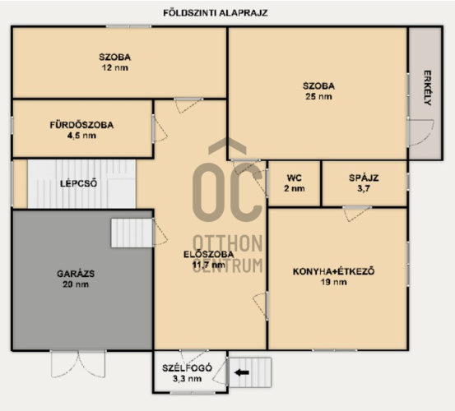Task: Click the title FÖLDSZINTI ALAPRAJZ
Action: (216, 13)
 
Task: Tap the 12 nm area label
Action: (115, 68)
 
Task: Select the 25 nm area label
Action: (318, 96)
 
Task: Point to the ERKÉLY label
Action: (427, 88)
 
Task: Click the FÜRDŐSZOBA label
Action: (81, 125)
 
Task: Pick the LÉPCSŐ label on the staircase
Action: (79, 183)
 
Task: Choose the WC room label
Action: (295, 178)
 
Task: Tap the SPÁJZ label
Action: (364, 178)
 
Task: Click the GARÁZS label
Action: (76, 274)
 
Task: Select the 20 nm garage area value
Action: (76, 284)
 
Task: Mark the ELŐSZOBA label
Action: (209, 255)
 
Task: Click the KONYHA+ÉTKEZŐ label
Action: (334, 271)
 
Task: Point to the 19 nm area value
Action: (334, 282)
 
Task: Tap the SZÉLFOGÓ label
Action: (187, 368)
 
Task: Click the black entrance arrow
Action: (241, 372)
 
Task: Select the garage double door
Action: (78, 364)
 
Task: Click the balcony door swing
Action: (420, 132)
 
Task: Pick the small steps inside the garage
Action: (132, 233)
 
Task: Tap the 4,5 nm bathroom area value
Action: (81, 136)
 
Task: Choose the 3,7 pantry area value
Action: (364, 189)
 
